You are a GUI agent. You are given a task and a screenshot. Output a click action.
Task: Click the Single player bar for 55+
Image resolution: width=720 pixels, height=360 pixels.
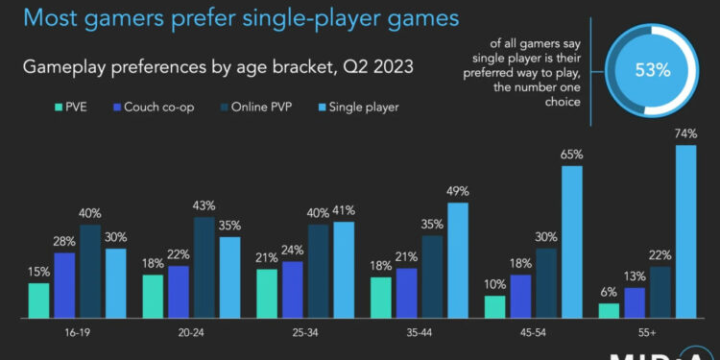click(685, 231)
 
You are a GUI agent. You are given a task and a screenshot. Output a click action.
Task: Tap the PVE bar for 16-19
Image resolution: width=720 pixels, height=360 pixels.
click(38, 300)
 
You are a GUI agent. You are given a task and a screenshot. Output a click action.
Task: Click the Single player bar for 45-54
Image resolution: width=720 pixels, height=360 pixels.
click(572, 242)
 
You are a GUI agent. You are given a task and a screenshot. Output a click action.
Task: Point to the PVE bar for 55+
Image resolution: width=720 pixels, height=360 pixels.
click(609, 310)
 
